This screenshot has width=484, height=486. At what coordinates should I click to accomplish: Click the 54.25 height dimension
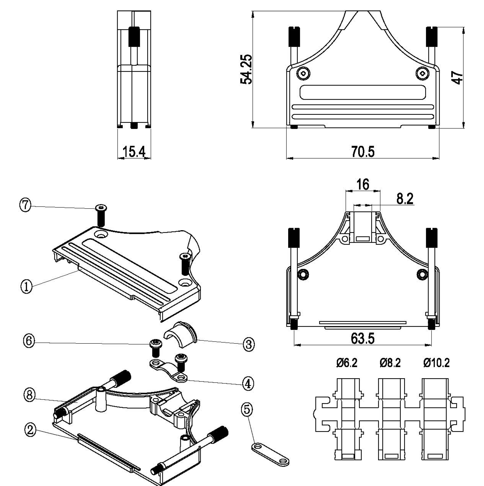coord(246,69)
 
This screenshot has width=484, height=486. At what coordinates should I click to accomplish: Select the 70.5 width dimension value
coord(363,152)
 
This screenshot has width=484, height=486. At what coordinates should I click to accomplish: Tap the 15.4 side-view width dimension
coord(134,152)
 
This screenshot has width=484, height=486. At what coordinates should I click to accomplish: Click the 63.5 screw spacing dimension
coord(362,338)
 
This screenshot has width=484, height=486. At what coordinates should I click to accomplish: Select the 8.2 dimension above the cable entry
coord(405,199)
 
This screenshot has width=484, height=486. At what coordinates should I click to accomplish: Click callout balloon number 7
coord(25,205)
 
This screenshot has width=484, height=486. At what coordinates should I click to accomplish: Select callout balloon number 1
coord(26,287)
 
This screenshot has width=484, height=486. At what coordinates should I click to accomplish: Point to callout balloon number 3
coord(249,344)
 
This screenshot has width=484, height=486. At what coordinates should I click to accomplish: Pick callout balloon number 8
coord(29,395)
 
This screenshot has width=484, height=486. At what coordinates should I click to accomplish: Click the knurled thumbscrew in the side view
coord(134,37)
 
